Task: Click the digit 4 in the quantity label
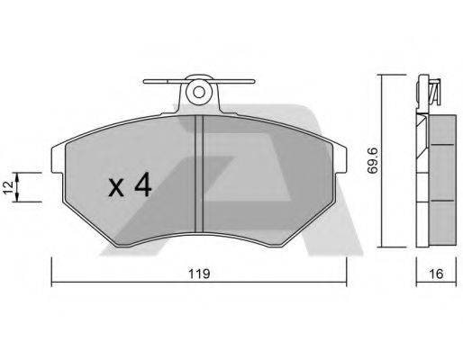[x=142, y=186]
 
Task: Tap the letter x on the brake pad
[x=116, y=188]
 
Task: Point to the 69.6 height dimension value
[x=370, y=162]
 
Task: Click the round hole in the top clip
[x=199, y=90]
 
